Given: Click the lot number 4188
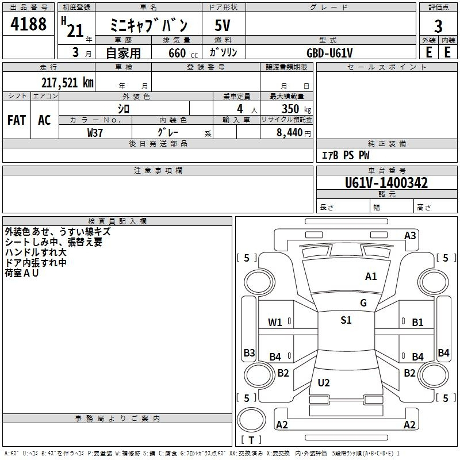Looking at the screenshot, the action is [28, 24].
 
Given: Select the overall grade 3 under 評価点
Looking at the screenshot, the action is [438, 26].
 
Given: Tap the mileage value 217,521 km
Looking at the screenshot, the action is [67, 83].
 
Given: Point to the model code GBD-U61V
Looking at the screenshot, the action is [329, 53].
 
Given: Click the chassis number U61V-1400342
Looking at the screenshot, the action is [386, 182].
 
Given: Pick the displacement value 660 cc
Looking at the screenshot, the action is [183, 53].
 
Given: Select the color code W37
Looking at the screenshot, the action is [95, 133].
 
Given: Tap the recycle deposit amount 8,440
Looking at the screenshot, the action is [289, 133].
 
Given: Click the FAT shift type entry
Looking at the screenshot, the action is [17, 120].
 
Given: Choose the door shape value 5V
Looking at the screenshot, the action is [223, 25].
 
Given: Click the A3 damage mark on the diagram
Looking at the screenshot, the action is [410, 236].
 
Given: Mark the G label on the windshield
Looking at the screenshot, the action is [363, 302].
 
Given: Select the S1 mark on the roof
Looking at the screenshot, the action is [346, 320].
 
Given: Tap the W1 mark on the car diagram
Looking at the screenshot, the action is [275, 323].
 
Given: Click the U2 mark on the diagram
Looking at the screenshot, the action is [324, 382].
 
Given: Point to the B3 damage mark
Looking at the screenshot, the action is [249, 352].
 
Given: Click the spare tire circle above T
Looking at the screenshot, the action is [251, 420].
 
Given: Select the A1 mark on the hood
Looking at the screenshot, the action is [371, 277].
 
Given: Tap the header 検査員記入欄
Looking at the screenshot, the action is [117, 221].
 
